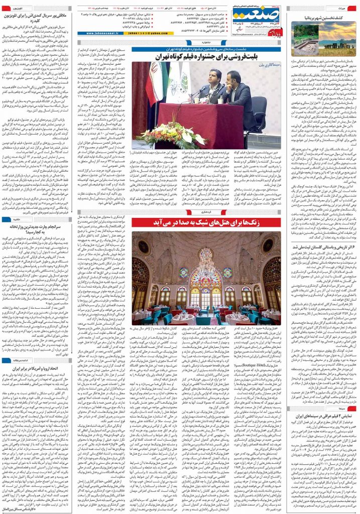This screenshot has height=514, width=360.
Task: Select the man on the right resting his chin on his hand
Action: tap(234, 90)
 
